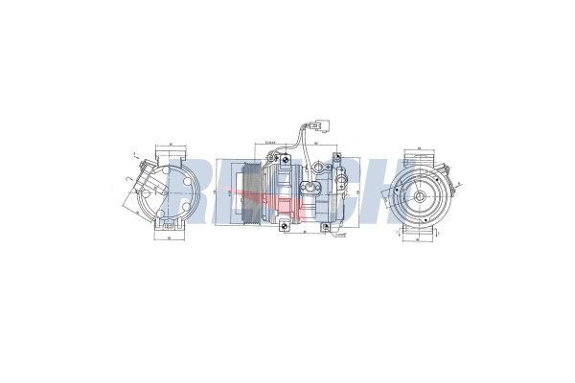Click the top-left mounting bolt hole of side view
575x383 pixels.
point(273,158)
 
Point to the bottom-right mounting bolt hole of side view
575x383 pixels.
point(327,228)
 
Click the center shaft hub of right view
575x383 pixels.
point(420,194)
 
